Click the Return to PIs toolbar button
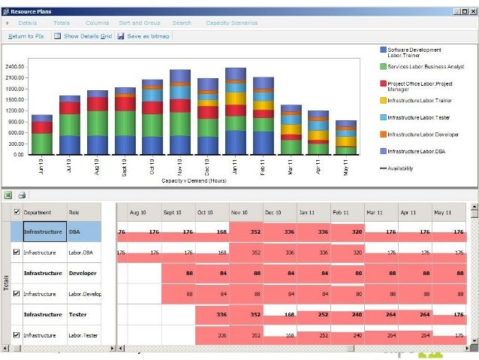click(x=26, y=35)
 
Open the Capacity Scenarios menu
click(x=231, y=23)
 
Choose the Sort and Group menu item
click(x=140, y=23)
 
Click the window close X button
click(x=472, y=12)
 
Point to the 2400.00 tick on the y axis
click(x=15, y=66)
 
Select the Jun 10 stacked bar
click(x=42, y=135)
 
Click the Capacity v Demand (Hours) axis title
click(x=194, y=180)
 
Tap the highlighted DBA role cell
click(x=91, y=231)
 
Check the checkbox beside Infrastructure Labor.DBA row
click(x=17, y=253)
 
